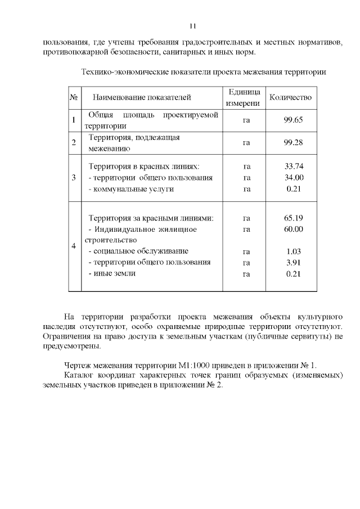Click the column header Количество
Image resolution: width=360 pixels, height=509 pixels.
click(x=290, y=97)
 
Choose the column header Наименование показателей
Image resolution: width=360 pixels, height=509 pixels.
click(x=142, y=97)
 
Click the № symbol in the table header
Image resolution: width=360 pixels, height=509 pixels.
click(x=74, y=97)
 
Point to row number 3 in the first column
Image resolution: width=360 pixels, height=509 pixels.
click(x=74, y=178)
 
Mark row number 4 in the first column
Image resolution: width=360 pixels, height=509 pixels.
click(x=74, y=246)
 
